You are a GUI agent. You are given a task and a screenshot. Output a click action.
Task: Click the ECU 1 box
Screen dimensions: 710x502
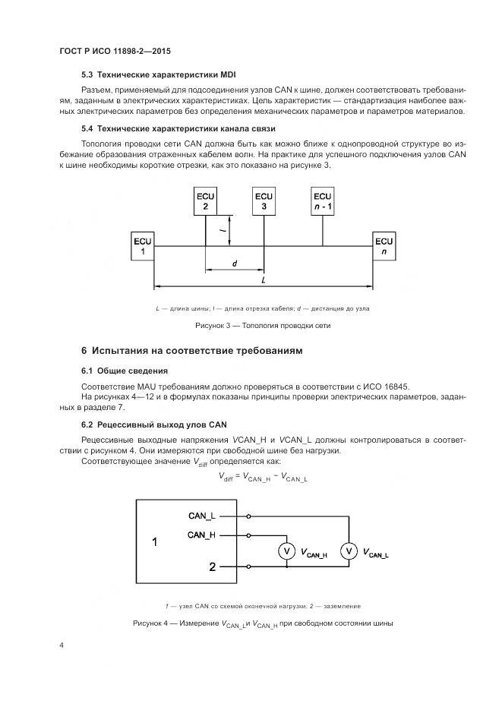(x=142, y=245)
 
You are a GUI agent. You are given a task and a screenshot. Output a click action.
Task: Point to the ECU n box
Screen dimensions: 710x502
(x=384, y=245)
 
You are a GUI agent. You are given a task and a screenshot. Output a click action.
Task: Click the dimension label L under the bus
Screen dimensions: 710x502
(x=262, y=280)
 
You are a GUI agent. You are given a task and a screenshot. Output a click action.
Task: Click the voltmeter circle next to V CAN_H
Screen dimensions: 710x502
(x=286, y=552)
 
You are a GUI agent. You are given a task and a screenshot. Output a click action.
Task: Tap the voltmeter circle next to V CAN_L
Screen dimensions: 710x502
(x=349, y=552)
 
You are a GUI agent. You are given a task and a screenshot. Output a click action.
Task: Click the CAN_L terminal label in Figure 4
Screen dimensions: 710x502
(x=202, y=516)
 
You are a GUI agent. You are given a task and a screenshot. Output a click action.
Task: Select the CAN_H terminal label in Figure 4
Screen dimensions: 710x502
(x=202, y=535)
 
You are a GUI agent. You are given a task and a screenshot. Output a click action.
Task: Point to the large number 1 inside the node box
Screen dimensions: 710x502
(x=155, y=542)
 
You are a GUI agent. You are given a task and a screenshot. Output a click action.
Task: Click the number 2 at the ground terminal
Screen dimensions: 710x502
(x=213, y=566)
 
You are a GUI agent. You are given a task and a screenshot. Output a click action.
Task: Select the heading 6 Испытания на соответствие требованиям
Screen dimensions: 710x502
(x=191, y=351)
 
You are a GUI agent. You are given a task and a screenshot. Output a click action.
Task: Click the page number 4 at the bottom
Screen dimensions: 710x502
(x=62, y=645)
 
